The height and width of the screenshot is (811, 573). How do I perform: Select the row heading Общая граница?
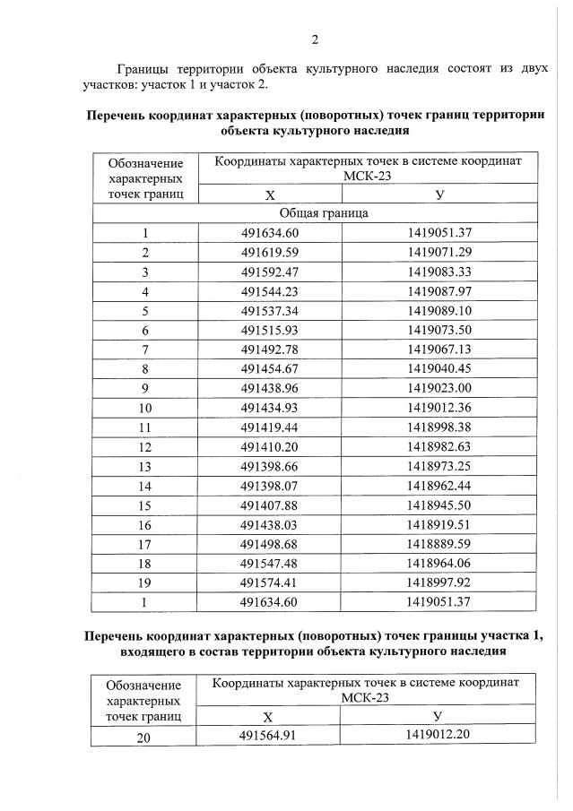(x=323, y=213)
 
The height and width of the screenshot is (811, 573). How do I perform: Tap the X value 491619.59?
(x=269, y=253)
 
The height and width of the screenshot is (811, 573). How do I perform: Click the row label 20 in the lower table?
(x=143, y=737)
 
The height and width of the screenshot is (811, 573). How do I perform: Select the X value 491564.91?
(x=268, y=736)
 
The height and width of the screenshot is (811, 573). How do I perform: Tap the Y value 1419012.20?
(x=438, y=736)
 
